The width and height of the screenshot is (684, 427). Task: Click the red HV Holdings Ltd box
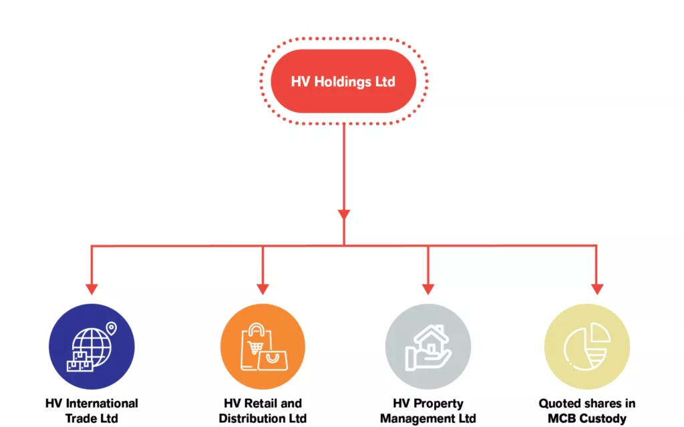[343, 82]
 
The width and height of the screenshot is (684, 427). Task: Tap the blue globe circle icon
[92, 346]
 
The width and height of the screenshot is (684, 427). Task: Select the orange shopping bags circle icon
[263, 346]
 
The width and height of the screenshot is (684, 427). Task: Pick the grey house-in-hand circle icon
[427, 346]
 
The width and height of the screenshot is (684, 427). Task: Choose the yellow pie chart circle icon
[587, 346]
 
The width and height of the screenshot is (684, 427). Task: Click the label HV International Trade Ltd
[92, 411]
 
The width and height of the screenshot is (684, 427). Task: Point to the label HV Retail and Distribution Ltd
[263, 411]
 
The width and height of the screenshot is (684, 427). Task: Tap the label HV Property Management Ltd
[427, 411]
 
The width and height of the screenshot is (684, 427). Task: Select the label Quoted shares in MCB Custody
[587, 411]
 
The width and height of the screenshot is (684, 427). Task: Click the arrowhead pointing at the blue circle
[92, 289]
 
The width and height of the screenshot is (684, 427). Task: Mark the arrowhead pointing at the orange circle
[263, 289]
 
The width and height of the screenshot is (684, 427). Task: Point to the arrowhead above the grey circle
[427, 289]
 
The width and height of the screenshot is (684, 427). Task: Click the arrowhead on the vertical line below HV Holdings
[344, 215]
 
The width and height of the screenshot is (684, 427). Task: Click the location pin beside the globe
[111, 328]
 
